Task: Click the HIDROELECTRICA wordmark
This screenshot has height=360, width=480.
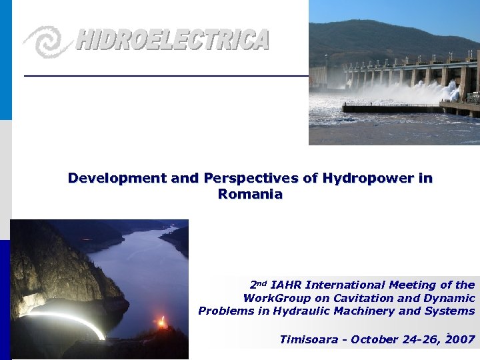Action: pyautogui.click(x=172, y=40)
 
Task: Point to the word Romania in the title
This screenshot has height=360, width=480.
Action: pyautogui.click(x=250, y=195)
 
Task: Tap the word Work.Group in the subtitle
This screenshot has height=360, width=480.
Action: pyautogui.click(x=273, y=298)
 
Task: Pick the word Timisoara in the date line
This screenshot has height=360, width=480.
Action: pyautogui.click(x=308, y=339)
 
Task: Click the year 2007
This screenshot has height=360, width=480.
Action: pyautogui.click(x=461, y=339)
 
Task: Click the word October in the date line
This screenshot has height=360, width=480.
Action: pyautogui.click(x=373, y=339)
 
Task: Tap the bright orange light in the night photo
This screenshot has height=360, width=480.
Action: pyautogui.click(x=161, y=323)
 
